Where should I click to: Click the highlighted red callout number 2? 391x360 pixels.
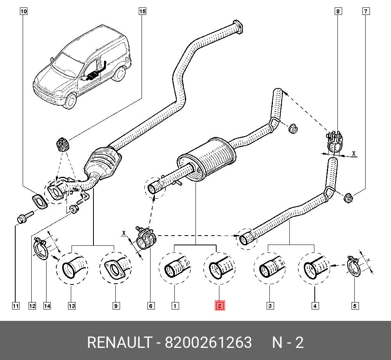click(219, 306)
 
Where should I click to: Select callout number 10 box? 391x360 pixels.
click(23, 11)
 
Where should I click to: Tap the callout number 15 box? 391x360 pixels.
click(142, 11)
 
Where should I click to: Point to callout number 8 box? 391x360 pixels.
click(338, 11)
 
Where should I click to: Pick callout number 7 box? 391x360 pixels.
click(366, 11)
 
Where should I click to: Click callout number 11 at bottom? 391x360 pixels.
click(15, 306)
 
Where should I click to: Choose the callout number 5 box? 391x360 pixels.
click(355, 306)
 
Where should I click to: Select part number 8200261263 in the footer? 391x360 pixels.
click(208, 343)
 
